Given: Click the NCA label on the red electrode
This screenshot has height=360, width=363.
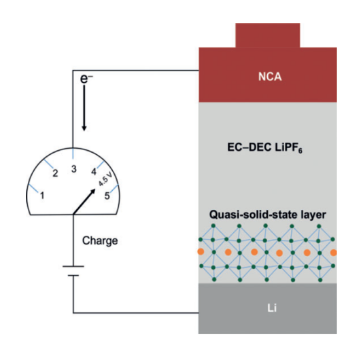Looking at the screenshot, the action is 270,77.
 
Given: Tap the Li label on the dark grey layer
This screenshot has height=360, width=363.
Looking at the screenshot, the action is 272,308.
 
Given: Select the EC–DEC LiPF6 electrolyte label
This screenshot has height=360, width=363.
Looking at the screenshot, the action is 264,147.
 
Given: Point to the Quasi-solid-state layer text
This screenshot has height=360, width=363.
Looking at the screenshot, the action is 267,215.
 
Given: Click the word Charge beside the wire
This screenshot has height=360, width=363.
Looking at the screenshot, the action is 100,241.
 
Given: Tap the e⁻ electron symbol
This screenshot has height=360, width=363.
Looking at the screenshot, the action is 86,79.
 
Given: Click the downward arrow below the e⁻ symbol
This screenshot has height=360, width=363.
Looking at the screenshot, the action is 84,108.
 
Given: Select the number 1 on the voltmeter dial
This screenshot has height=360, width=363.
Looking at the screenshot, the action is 42,196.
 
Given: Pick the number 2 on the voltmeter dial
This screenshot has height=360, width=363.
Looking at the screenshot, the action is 55,173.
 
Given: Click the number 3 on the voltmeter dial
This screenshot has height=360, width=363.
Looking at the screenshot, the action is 74,169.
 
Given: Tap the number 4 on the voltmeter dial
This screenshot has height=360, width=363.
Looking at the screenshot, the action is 94,172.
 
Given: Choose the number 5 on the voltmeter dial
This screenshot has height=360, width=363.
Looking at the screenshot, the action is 107,196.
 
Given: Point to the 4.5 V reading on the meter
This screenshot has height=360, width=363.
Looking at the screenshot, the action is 105,179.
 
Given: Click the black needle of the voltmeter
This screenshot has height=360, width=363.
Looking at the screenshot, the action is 84,202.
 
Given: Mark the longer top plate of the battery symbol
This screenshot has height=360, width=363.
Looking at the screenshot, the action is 73,266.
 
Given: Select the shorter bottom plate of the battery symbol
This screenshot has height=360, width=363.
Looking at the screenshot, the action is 73,276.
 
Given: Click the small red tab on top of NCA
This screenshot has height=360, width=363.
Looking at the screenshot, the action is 268,35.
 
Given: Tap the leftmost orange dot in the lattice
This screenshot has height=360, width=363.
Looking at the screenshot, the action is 201,251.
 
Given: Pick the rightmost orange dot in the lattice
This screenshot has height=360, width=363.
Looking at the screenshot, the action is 334,253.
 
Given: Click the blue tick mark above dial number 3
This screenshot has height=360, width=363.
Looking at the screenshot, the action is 73,153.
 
